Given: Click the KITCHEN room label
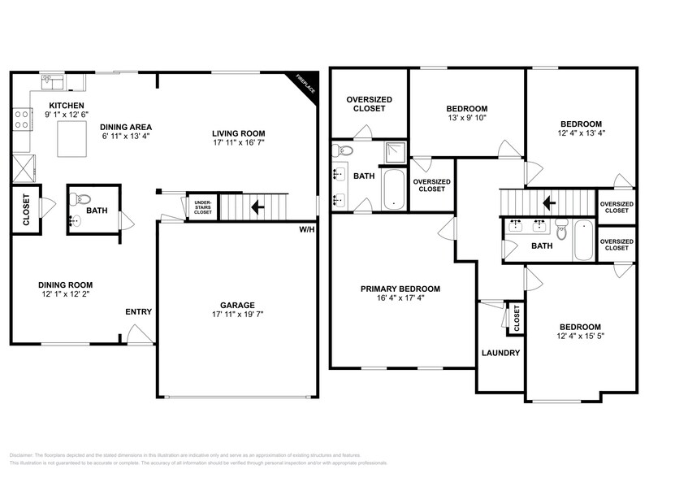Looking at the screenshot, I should click(65, 106).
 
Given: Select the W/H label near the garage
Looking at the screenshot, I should click(306, 230).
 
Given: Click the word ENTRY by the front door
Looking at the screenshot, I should click(138, 311).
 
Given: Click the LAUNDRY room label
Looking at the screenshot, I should click(500, 354).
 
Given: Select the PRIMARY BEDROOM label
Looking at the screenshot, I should click(400, 289).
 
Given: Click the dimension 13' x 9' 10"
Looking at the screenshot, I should click(466, 119).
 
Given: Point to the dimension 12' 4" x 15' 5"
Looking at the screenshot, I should click(579, 336).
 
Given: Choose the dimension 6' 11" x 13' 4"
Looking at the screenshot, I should click(126, 137).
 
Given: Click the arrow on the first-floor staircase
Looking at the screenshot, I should click(259, 207).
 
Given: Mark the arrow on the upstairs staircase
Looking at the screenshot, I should click(550, 201).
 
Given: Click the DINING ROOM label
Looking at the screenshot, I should click(65, 285).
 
